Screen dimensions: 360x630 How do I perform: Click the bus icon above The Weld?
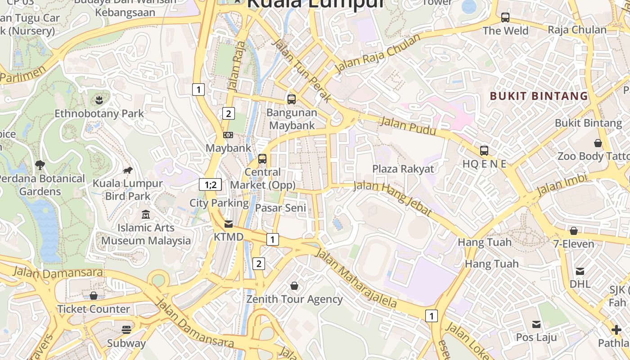click(x=505, y=18)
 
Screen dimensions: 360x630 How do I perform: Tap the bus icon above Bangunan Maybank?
click(x=292, y=99)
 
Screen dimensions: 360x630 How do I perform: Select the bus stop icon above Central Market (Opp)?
click(x=262, y=159)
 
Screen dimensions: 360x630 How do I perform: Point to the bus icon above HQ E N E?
click(x=484, y=151)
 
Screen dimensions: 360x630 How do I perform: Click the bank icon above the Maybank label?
click(x=228, y=135)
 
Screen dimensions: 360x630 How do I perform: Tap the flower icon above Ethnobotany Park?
click(x=99, y=99)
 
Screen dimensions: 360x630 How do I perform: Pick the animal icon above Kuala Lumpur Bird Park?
click(x=128, y=170)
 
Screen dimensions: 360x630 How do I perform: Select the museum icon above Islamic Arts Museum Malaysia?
click(x=146, y=215)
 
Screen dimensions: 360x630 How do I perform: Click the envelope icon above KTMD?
click(x=229, y=224)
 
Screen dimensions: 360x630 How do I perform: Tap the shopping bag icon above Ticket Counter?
click(x=94, y=296)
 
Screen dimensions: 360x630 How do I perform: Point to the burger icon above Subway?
click(x=126, y=330)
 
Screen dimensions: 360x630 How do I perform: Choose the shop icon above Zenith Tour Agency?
click(x=294, y=286)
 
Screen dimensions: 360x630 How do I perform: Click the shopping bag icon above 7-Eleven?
click(x=574, y=231)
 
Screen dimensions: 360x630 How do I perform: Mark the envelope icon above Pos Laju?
click(x=536, y=324)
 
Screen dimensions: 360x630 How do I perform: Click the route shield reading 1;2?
click(x=211, y=184)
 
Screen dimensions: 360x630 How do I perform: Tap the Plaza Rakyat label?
click(x=403, y=169)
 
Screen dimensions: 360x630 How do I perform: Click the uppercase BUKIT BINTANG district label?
click(x=539, y=96)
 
